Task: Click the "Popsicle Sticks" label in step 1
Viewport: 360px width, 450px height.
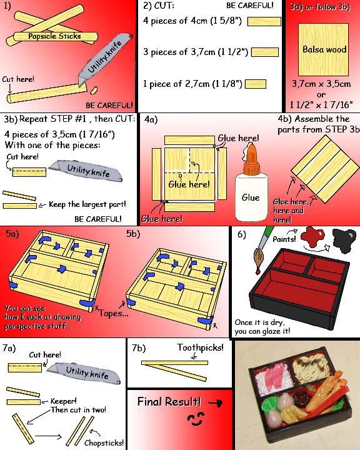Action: point(55,36)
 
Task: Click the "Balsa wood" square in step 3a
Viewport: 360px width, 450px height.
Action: point(324,49)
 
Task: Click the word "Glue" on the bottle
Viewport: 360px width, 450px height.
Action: point(251,197)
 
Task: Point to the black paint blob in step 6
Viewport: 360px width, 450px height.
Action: point(341,239)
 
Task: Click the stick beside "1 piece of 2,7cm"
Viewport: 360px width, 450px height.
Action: point(256,82)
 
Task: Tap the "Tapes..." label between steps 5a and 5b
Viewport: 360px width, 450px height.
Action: point(113,312)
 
